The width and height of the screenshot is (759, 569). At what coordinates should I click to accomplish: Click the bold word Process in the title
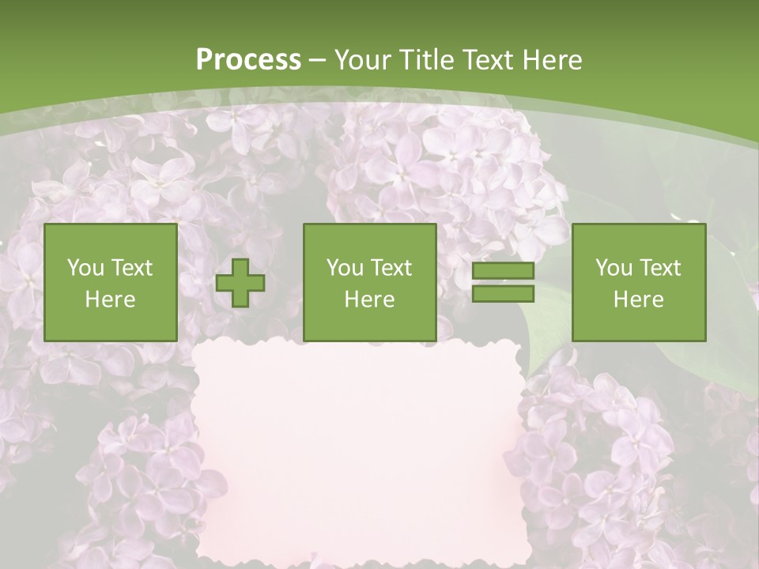248,60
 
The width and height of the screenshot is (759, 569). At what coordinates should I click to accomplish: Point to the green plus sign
240,283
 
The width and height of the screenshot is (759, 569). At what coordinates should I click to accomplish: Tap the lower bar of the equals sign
503,294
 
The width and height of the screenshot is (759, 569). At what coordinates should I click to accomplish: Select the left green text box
110,282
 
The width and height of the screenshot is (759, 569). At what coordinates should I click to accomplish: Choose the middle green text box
369,282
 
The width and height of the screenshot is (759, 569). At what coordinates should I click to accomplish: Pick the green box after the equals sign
638,282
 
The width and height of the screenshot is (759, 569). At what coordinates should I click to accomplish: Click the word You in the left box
85,268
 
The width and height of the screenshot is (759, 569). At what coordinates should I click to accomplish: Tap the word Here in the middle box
369,299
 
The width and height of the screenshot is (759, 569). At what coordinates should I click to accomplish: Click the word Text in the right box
662,268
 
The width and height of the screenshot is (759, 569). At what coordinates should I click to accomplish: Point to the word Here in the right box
638,299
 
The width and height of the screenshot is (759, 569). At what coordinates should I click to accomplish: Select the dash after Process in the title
317,60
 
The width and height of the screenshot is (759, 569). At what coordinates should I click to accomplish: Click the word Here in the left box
110,299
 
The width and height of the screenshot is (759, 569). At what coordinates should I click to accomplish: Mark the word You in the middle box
345,268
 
